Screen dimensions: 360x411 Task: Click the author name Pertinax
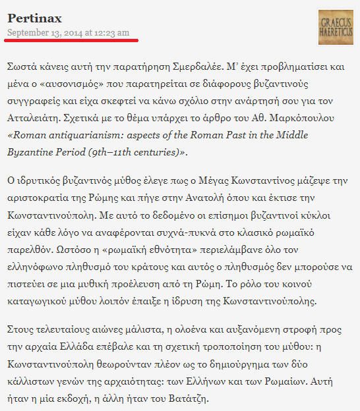point(34,18)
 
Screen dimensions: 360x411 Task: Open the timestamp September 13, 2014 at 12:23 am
point(69,32)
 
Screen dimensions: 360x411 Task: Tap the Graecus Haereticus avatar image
point(335,27)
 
